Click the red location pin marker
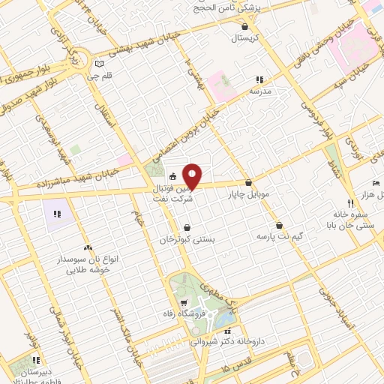coord(193,175)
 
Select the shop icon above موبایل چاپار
coord(249,183)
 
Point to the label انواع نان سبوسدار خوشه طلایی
coord(84,263)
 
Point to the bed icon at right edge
coord(376,183)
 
